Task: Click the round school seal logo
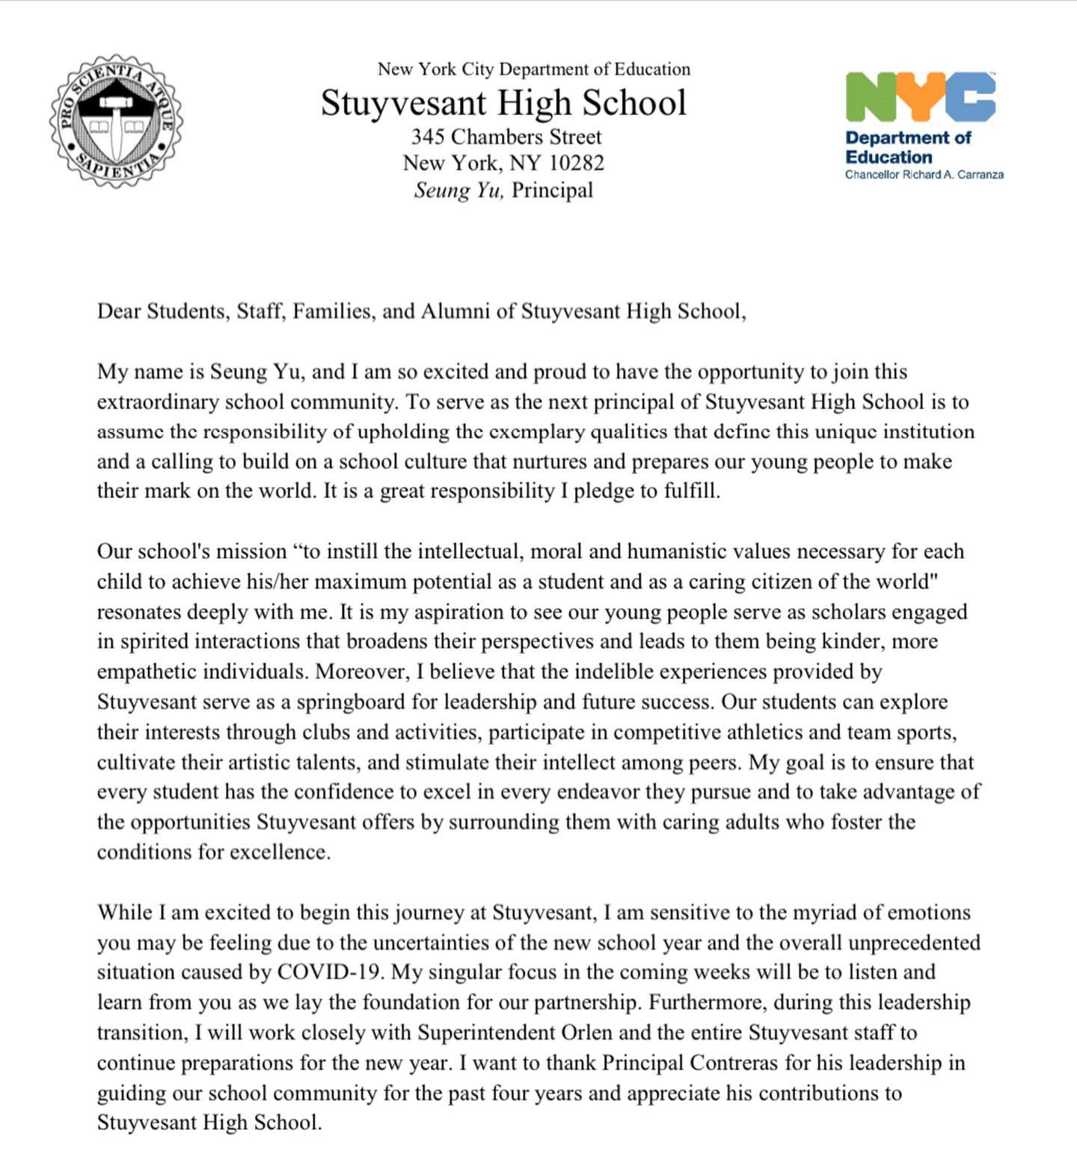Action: click(116, 121)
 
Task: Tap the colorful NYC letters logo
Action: click(920, 97)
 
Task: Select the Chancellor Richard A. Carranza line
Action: click(924, 174)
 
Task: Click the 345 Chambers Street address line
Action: click(506, 137)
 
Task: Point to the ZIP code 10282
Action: click(577, 163)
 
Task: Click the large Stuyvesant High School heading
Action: click(503, 102)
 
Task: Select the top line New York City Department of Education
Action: click(533, 70)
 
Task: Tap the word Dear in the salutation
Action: click(119, 311)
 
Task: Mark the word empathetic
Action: click(148, 672)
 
